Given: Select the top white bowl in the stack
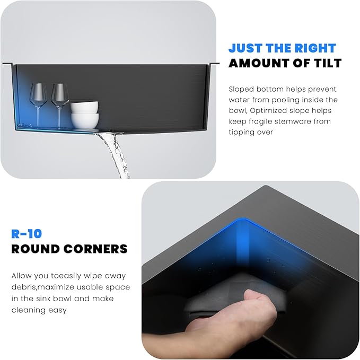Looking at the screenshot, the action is pos(84,107).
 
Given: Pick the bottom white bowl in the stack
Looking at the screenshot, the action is pos(85,121).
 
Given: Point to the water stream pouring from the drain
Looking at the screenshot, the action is pos(115,154).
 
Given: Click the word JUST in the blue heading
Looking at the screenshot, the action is pos(246,48).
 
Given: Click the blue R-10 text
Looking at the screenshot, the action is pos(27,234).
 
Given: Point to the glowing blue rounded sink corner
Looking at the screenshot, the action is pos(243,222).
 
